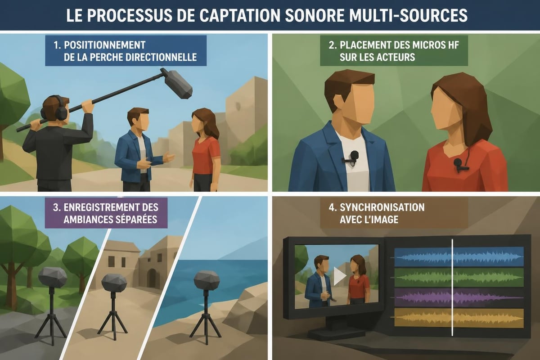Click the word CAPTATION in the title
239,15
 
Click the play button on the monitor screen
339,276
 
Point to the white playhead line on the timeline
452,288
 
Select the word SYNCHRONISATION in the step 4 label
382,207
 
